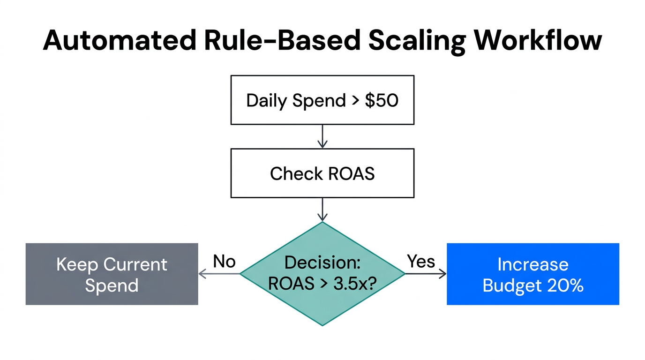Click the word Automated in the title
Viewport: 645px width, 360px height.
[119, 40]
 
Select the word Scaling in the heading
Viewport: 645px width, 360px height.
[417, 41]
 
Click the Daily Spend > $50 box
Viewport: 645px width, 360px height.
[322, 100]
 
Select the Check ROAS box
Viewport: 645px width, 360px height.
[322, 173]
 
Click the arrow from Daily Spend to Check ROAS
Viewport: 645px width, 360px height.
[322, 136]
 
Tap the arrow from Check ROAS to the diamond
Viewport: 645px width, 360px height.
[322, 210]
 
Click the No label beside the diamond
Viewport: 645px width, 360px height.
[224, 262]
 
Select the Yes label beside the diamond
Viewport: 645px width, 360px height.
[420, 261]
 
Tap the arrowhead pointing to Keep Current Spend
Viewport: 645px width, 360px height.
[203, 274]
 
